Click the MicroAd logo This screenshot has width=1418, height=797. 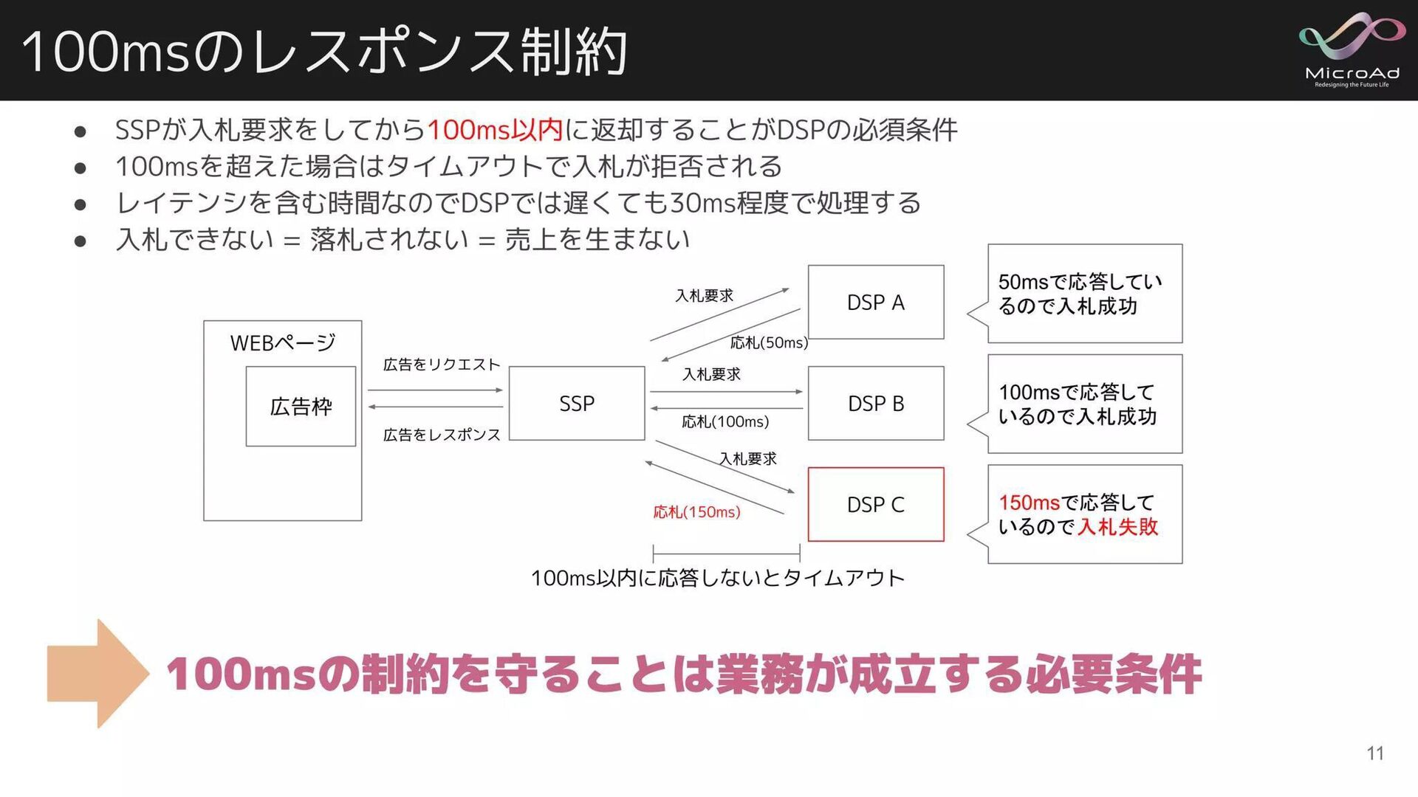(x=1352, y=49)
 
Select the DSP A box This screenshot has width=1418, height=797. (x=876, y=303)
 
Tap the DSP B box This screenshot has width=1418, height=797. (x=876, y=404)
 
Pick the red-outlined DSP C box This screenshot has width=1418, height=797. (x=876, y=505)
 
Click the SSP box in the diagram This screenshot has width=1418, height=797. (x=577, y=404)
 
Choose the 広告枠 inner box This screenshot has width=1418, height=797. (x=301, y=407)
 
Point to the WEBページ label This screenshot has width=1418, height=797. (x=283, y=343)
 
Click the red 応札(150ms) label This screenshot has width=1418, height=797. (x=696, y=512)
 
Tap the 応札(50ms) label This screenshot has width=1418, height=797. (x=769, y=342)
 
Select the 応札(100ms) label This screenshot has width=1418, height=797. (x=725, y=421)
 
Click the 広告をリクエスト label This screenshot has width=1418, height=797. (x=442, y=365)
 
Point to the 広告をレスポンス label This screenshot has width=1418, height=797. (x=442, y=435)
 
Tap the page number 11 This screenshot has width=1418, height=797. (x=1374, y=753)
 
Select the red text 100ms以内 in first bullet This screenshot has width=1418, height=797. (x=495, y=130)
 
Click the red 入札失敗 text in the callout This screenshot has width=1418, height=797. (x=1117, y=527)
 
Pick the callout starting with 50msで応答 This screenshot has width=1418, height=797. (x=1084, y=294)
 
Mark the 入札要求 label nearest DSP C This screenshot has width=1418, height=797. (x=748, y=459)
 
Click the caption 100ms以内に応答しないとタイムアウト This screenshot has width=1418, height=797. (x=718, y=578)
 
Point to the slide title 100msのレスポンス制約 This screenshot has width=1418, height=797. (x=325, y=52)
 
